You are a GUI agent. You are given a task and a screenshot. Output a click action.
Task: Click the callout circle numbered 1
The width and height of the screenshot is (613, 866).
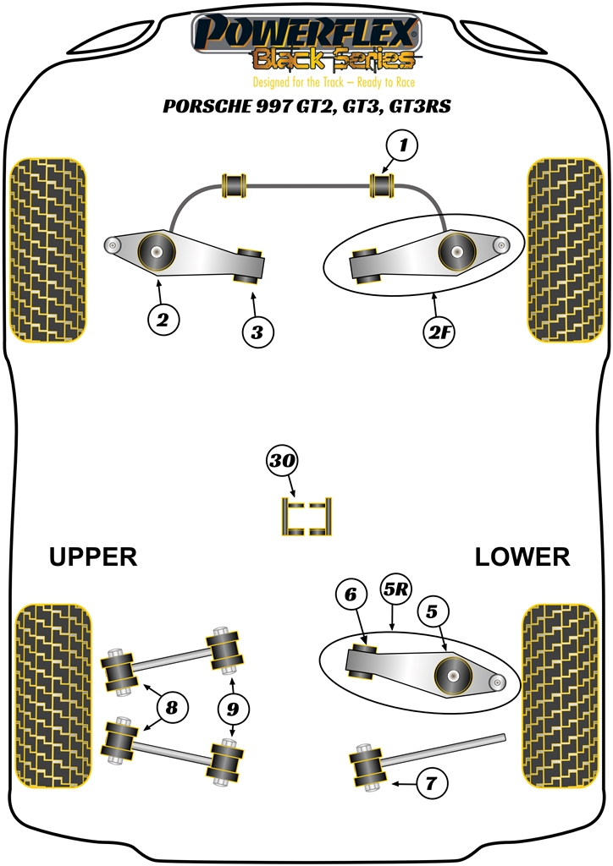click(x=402, y=146)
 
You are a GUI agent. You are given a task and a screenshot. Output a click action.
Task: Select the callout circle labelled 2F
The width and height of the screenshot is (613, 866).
click(x=439, y=332)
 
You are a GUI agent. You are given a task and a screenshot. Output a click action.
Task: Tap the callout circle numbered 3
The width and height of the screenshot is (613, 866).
click(x=257, y=332)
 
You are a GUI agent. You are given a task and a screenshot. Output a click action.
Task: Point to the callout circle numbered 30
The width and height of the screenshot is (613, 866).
click(x=283, y=461)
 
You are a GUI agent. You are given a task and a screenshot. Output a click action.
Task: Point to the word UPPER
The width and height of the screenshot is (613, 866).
click(x=92, y=556)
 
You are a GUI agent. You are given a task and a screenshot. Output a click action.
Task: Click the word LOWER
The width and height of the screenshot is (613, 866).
click(x=522, y=556)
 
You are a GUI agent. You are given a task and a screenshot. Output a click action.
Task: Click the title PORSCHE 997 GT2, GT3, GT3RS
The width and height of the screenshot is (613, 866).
click(x=306, y=107)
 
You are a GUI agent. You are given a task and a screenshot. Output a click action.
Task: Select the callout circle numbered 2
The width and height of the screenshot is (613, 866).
click(x=162, y=319)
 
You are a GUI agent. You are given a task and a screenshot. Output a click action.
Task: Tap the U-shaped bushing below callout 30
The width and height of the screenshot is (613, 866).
click(x=306, y=517)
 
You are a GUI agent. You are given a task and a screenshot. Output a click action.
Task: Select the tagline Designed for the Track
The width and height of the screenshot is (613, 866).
click(x=306, y=82)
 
